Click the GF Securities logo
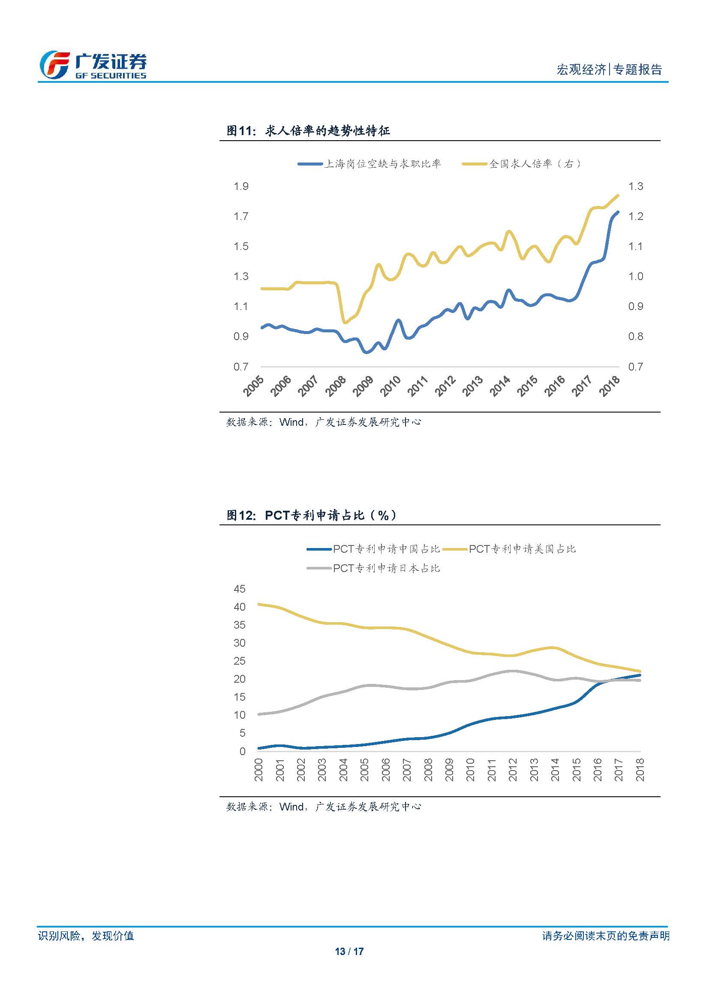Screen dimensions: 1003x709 tap(93, 65)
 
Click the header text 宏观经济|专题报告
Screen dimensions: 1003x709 tap(609, 69)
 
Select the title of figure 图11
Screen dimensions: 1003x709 tap(308, 131)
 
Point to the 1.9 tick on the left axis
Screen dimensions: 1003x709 tap(240, 187)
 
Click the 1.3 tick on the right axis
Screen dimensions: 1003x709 tap(635, 187)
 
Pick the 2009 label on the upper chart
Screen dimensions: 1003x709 tap(363, 386)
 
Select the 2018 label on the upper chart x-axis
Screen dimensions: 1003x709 tap(609, 386)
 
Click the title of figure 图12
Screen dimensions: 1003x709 tap(311, 515)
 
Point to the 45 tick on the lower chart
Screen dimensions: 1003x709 tap(240, 589)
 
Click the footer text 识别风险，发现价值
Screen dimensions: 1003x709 tap(86, 936)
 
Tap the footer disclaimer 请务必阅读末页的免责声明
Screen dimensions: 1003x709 tap(606, 936)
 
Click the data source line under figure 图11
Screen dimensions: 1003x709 tap(324, 422)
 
